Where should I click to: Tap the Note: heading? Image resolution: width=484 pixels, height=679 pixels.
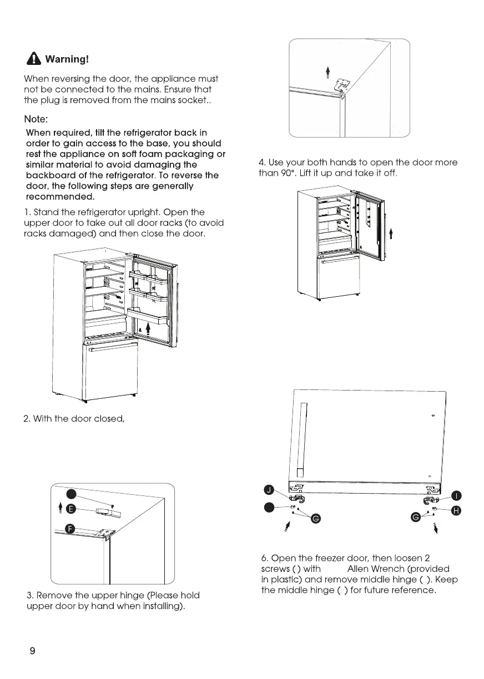[38, 119]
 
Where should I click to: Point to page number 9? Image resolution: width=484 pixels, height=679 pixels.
[32, 651]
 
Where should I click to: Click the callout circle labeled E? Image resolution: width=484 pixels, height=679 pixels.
[70, 509]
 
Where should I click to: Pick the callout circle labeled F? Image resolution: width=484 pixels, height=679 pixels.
[70, 528]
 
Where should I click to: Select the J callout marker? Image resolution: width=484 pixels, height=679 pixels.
[269, 489]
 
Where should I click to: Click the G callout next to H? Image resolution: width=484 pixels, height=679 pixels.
[415, 518]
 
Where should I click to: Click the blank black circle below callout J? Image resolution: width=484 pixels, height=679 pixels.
[269, 506]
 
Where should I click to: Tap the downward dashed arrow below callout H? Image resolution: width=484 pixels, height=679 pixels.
[436, 526]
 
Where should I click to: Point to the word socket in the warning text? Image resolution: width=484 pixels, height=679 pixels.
[191, 100]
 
